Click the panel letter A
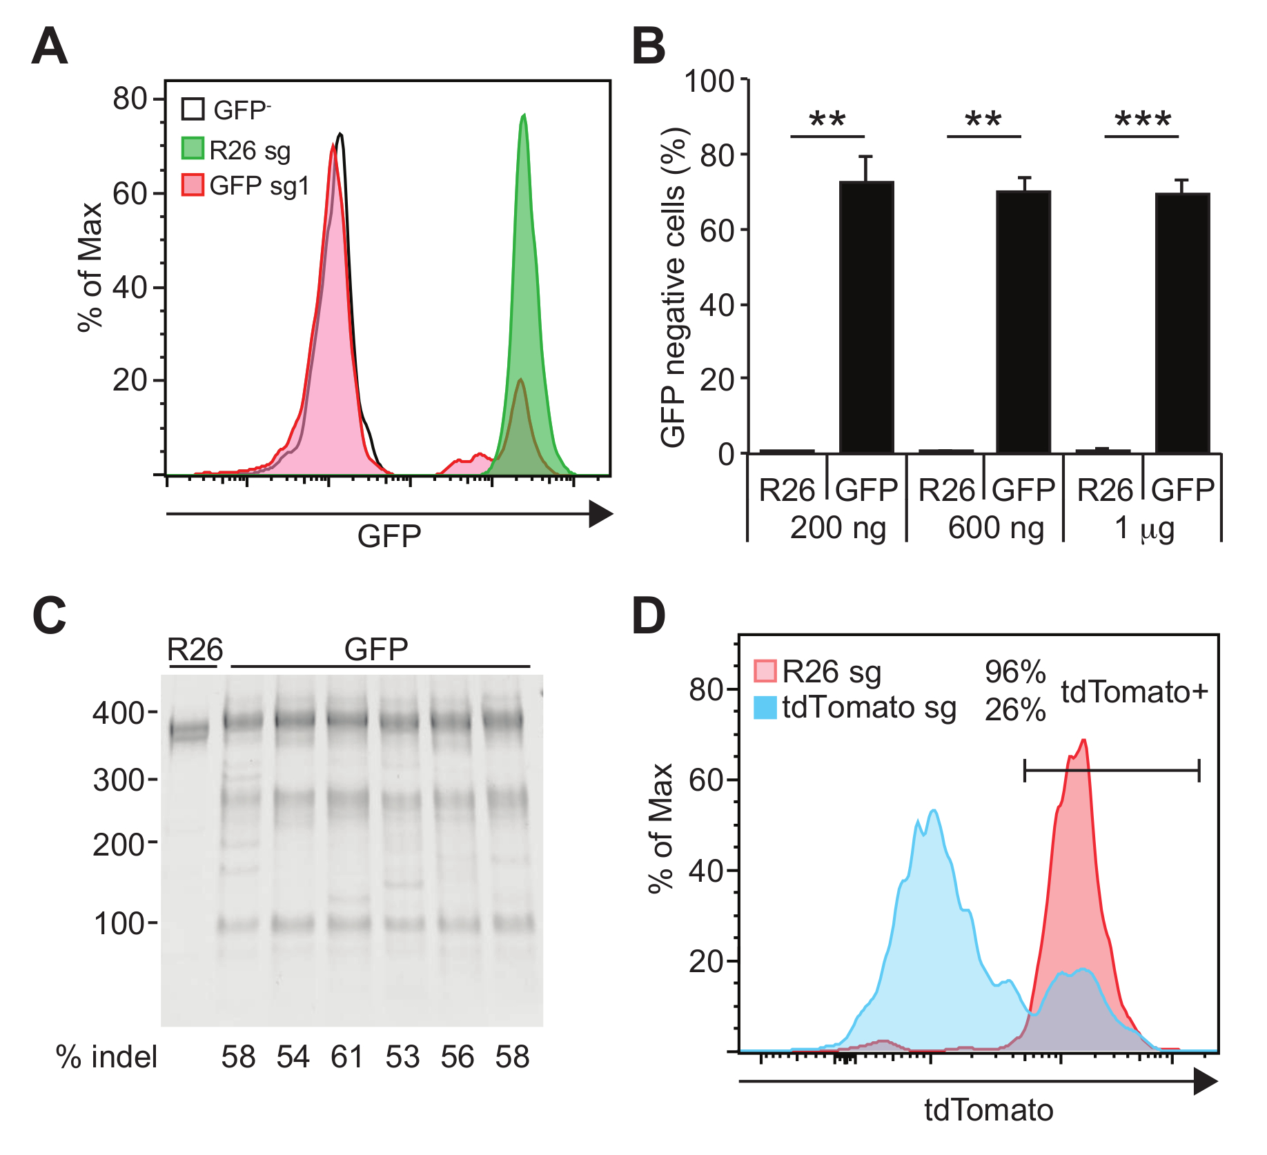point(50,47)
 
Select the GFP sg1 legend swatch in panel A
point(193,185)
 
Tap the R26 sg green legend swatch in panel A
point(193,148)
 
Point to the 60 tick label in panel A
point(130,195)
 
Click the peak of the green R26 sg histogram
point(524,116)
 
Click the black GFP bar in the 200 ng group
point(866,317)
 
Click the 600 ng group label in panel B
point(996,529)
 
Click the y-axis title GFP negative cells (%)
point(674,288)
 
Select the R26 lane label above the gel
point(195,649)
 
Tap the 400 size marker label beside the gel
point(118,713)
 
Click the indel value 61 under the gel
point(346,1057)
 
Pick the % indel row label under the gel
point(107,1057)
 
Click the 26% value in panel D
point(1014,710)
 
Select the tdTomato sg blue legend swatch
point(765,708)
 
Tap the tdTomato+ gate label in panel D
point(1134,691)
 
